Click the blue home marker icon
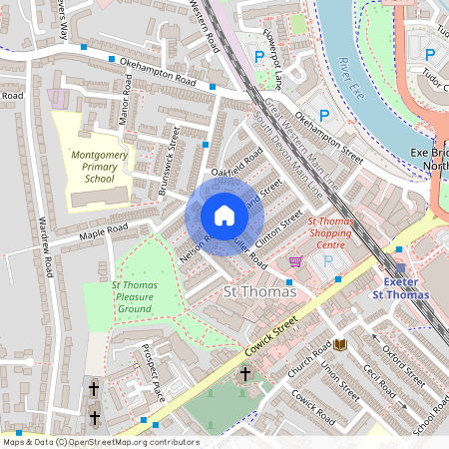pos(224,216)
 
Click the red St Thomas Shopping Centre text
pos(336,234)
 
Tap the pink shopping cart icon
pos(295,261)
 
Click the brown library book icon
pos(339,344)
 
